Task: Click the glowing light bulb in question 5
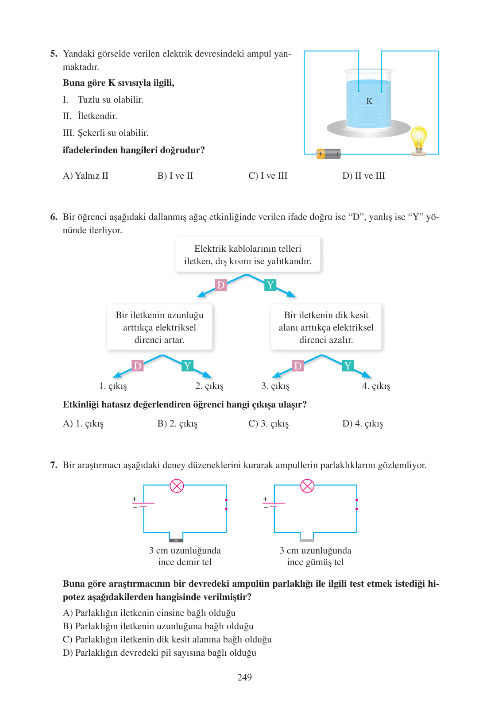click(418, 139)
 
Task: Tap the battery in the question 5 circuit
click(328, 154)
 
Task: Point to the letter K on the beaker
click(369, 101)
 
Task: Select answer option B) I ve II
click(175, 176)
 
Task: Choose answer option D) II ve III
click(363, 176)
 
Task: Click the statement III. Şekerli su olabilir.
click(106, 133)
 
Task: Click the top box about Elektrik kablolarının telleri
click(247, 255)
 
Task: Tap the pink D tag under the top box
click(220, 285)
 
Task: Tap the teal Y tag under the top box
click(270, 285)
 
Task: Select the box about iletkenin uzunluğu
click(159, 327)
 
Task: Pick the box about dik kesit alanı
click(326, 327)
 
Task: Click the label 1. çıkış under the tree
click(113, 386)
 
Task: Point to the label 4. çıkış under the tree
click(376, 386)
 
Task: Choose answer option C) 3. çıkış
click(268, 423)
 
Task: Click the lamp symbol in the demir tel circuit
click(177, 486)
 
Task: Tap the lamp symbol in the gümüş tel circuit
click(307, 486)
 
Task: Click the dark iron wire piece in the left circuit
click(176, 540)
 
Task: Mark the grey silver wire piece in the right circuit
click(307, 540)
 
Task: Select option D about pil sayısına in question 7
click(160, 653)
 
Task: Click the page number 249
click(244, 677)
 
